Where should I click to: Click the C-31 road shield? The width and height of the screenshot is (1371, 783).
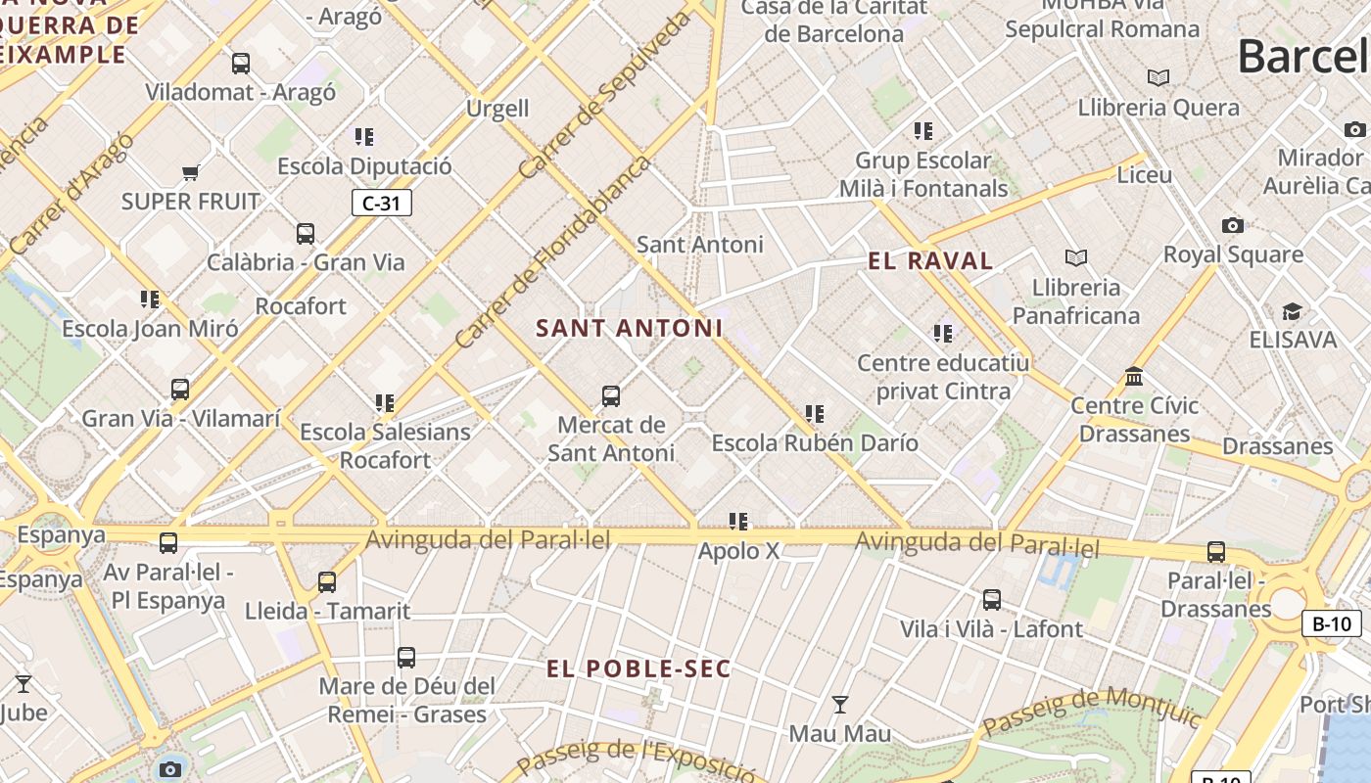pyautogui.click(x=381, y=203)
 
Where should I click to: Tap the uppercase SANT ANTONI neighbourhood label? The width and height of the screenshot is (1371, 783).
pyautogui.click(x=629, y=328)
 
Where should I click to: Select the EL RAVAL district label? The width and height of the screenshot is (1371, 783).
pyautogui.click(x=930, y=260)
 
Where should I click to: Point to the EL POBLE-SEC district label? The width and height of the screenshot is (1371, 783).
pyautogui.click(x=638, y=668)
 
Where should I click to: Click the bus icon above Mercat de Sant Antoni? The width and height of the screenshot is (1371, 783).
pyautogui.click(x=611, y=396)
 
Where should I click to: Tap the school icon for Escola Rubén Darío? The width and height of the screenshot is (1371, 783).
pyautogui.click(x=815, y=414)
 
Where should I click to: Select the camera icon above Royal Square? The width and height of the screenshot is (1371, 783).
pyautogui.click(x=1233, y=226)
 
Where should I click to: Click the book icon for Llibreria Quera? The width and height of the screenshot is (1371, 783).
pyautogui.click(x=1158, y=77)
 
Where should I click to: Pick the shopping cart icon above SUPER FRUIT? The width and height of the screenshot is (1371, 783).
pyautogui.click(x=191, y=173)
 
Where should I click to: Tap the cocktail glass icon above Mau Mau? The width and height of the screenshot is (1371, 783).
pyautogui.click(x=839, y=704)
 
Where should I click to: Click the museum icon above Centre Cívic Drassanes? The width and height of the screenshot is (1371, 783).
pyautogui.click(x=1134, y=376)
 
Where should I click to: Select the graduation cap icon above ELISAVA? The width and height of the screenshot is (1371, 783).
pyautogui.click(x=1292, y=311)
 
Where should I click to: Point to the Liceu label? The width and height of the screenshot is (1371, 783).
pyautogui.click(x=1144, y=175)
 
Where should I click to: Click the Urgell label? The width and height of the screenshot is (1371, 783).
pyautogui.click(x=497, y=108)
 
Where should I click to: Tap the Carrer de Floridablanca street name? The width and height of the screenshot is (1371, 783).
pyautogui.click(x=552, y=253)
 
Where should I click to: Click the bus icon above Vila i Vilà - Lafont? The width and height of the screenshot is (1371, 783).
pyautogui.click(x=992, y=600)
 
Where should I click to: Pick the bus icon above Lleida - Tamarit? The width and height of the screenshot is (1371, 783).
pyautogui.click(x=327, y=582)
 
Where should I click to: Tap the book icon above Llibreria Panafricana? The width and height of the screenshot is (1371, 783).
pyautogui.click(x=1076, y=258)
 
